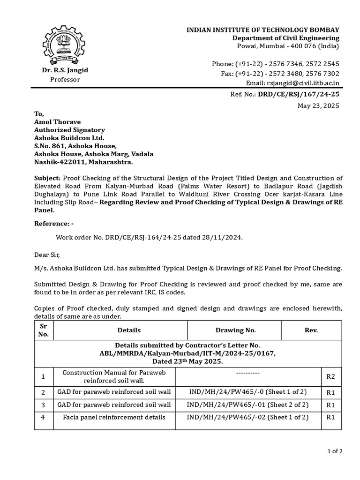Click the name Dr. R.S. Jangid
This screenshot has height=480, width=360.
coord(65,70)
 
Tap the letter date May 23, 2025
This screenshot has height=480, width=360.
coord(318,105)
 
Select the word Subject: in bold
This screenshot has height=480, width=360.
coord(47,178)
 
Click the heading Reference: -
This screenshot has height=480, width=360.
coord(54,224)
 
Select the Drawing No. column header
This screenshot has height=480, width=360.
coord(235,330)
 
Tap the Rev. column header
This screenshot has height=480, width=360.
coord(311,330)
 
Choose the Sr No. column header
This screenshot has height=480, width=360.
coord(43,330)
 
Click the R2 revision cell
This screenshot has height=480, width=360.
coord(330,376)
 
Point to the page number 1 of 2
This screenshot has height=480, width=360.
coord(335,451)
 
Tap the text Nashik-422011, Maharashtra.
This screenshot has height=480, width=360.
coord(83,162)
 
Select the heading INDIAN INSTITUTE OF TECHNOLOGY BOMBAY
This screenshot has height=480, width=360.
coord(263,30)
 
